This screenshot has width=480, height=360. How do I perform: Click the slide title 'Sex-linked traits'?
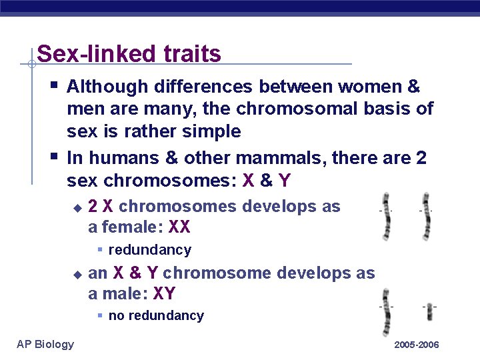tap(129, 53)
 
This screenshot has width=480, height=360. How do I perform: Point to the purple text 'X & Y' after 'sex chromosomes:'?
tap(276, 180)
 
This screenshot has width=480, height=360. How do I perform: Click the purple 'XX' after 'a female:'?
tap(179, 227)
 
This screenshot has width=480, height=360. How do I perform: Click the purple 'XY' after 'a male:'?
tap(165, 293)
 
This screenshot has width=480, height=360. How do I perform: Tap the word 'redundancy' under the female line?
tap(149, 250)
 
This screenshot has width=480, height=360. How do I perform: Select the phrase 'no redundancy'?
tap(156, 315)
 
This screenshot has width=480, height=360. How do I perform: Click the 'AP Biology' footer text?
tap(45, 344)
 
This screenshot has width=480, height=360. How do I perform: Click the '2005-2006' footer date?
tap(417, 345)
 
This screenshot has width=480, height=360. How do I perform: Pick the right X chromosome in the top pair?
tap(425, 216)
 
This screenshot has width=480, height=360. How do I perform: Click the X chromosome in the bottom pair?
tap(385, 312)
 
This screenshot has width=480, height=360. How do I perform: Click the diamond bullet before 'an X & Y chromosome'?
tap(77, 274)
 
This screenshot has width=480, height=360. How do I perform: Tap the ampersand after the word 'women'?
tap(413, 87)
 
